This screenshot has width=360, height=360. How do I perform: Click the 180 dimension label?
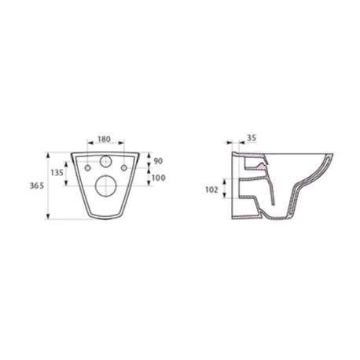pyautogui.click(x=104, y=139)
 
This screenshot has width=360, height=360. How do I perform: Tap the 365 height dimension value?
pyautogui.click(x=37, y=186)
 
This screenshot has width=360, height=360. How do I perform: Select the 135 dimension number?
pyautogui.click(x=57, y=173)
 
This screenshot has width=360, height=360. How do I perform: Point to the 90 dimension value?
pyautogui.click(x=158, y=161)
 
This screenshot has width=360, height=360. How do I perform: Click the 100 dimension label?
pyautogui.click(x=159, y=178)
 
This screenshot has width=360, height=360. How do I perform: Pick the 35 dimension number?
pyautogui.click(x=252, y=138)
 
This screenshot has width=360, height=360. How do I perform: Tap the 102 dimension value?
pyautogui.click(x=211, y=189)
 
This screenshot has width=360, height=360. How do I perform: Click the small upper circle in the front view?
pyautogui.click(x=106, y=161)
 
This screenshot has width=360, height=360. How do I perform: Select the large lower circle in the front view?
pyautogui.click(x=106, y=186)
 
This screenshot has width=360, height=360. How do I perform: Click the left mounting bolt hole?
pyautogui.click(x=88, y=168)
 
